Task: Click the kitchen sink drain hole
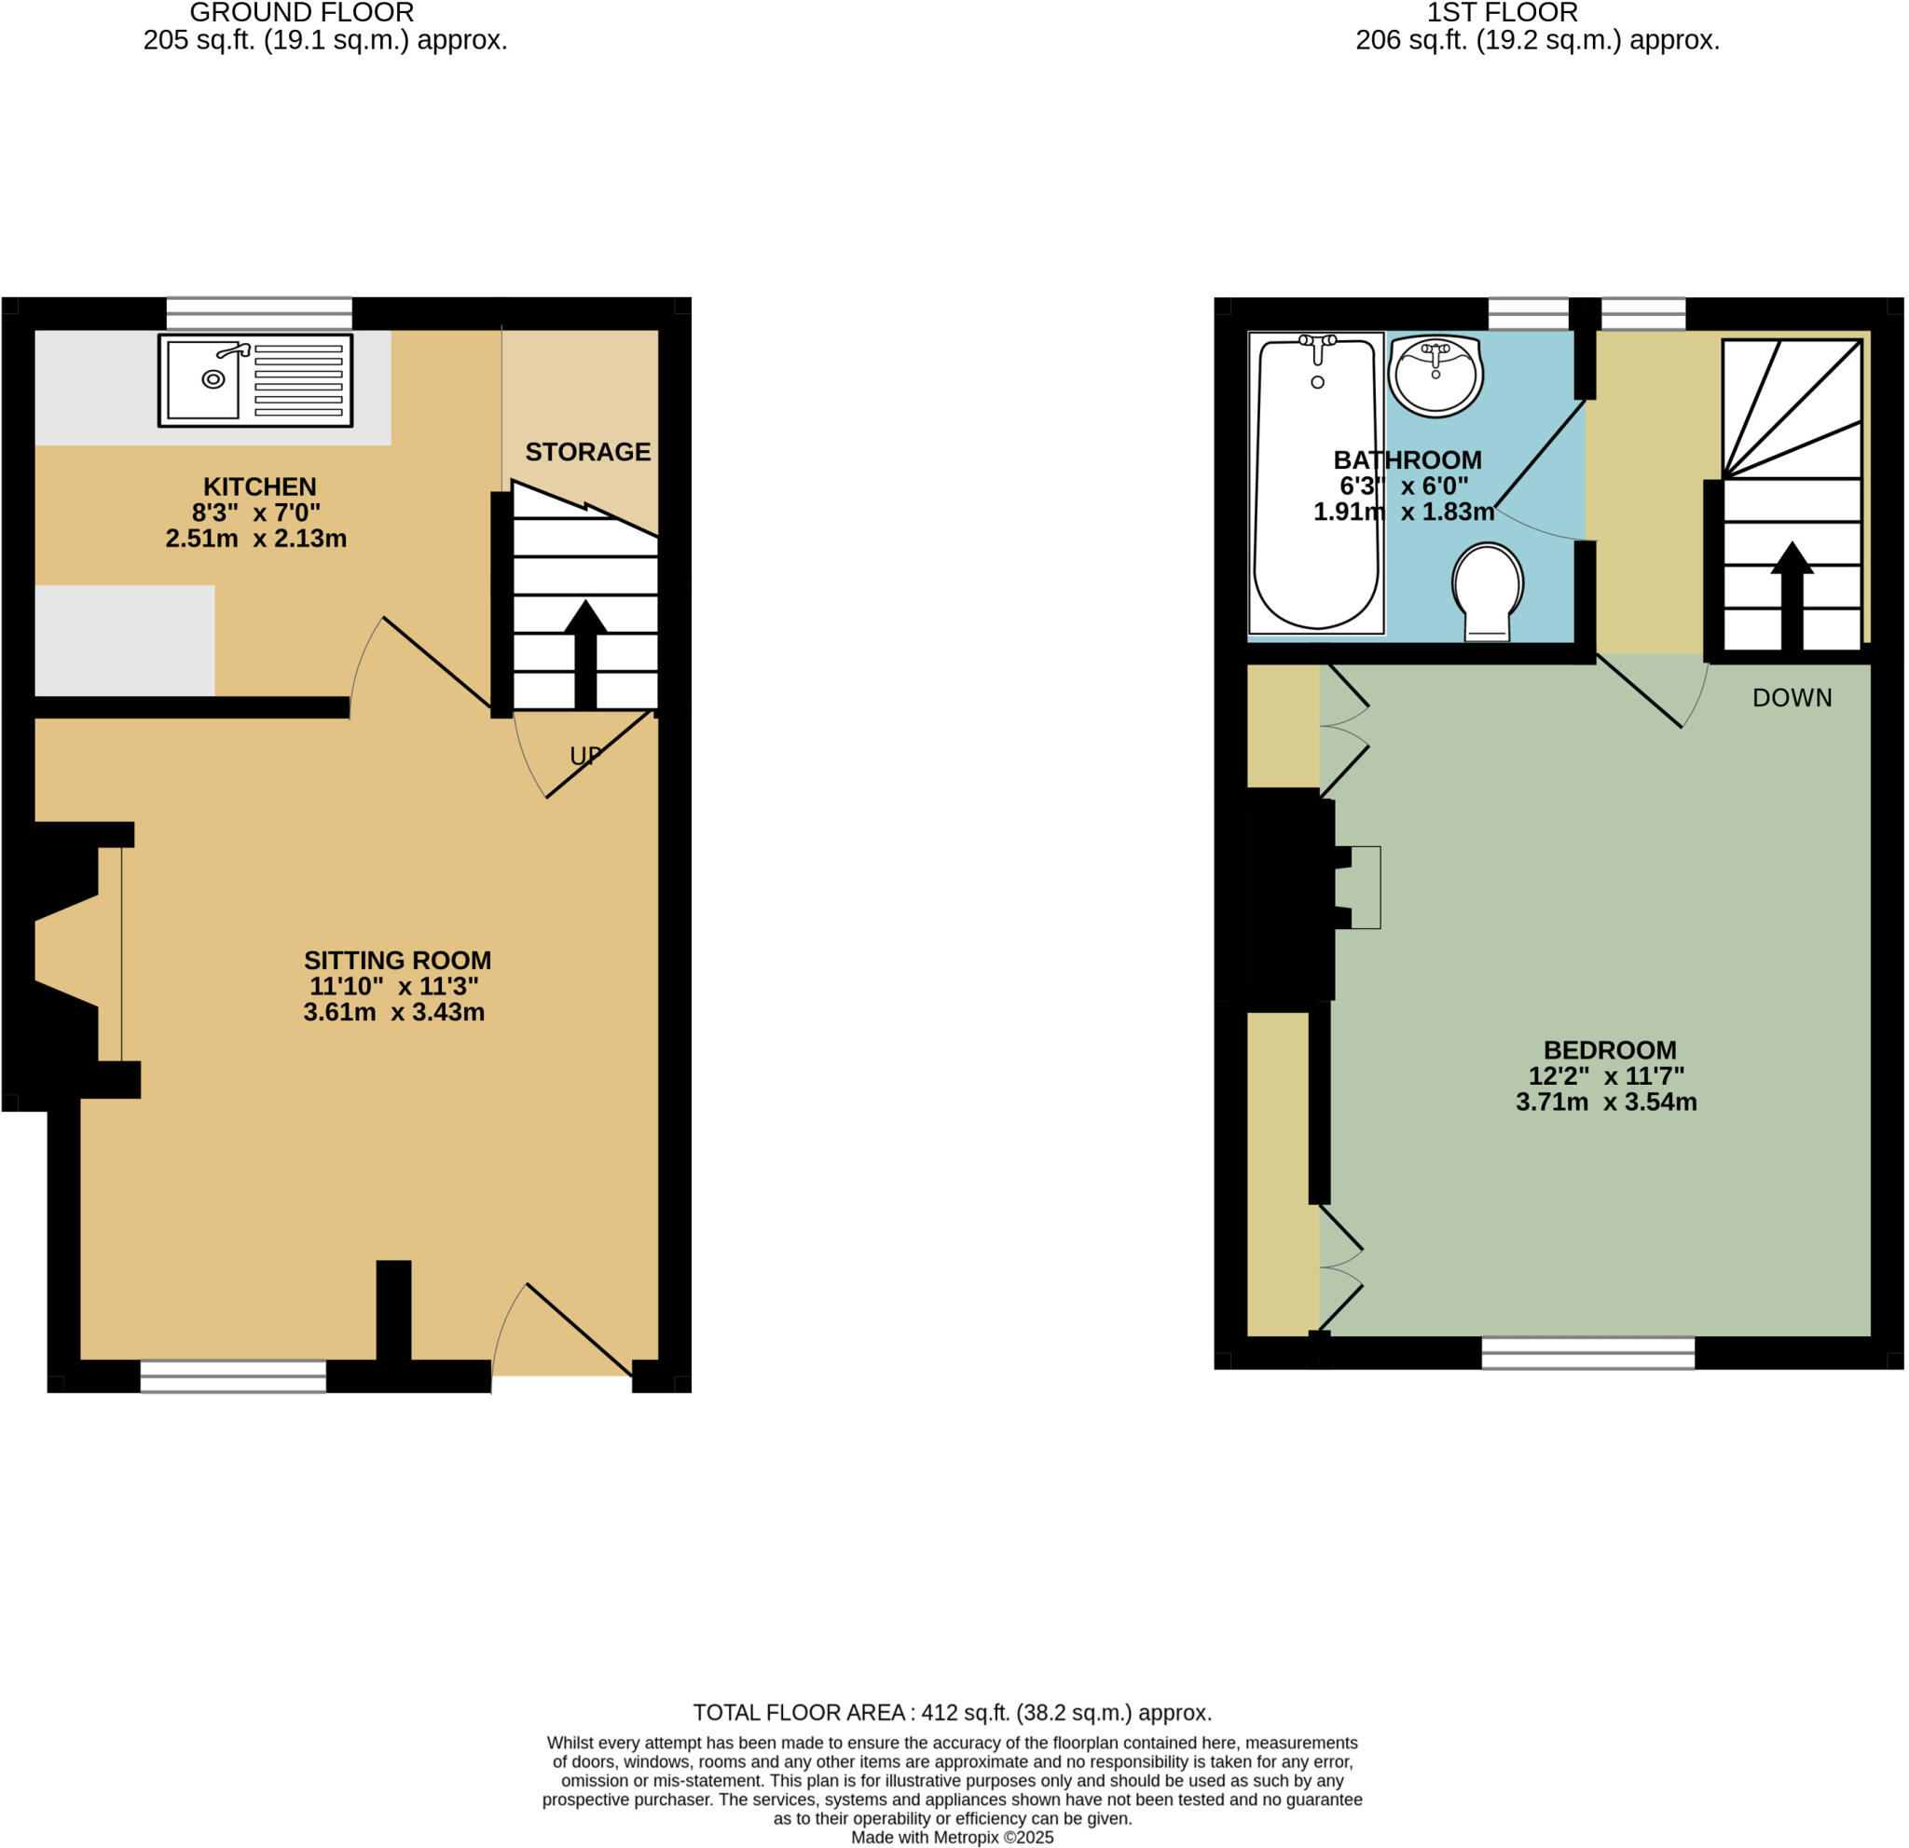[213, 378]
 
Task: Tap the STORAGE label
[587, 452]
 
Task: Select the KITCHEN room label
[259, 486]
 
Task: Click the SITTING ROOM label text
[397, 960]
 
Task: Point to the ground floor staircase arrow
[584, 652]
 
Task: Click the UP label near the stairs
[585, 756]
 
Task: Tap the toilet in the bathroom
[1488, 590]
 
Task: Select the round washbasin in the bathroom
[1435, 375]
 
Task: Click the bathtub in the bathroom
[1316, 482]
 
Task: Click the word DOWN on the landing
[1792, 697]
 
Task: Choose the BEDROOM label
[1609, 1049]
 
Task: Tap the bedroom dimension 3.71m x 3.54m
[1606, 1102]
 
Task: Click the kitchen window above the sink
[259, 313]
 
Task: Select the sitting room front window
[233, 1376]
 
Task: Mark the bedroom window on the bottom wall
[1587, 1352]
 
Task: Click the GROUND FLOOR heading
[302, 14]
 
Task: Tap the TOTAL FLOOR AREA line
[952, 1713]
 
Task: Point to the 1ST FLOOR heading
[1502, 14]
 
